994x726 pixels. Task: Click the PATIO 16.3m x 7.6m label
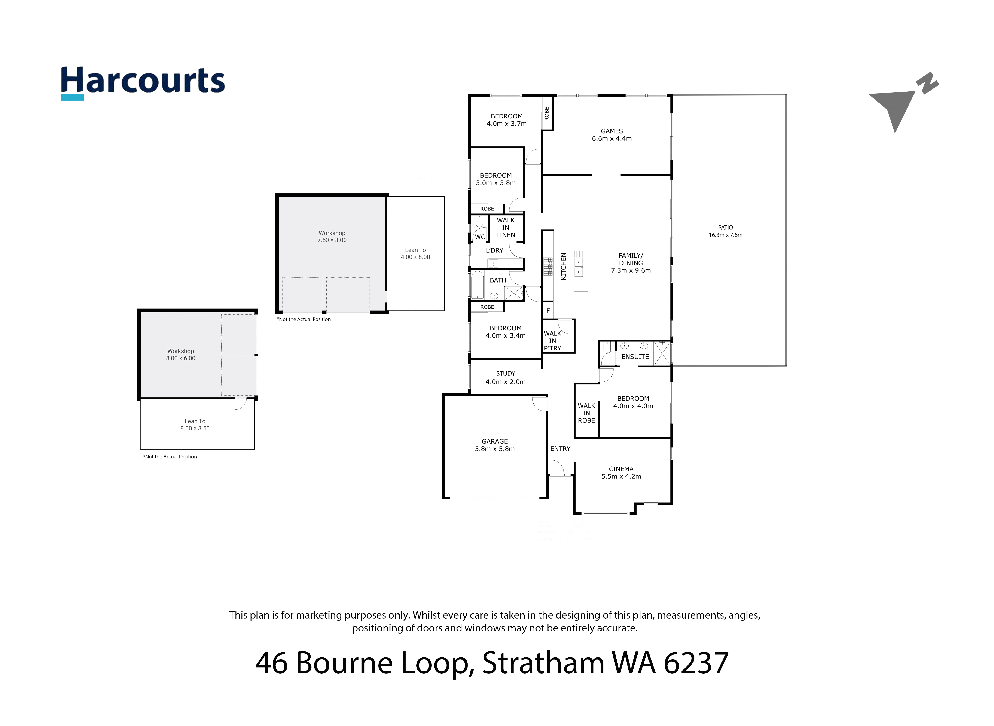pos(725,231)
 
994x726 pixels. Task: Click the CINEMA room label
pos(621,472)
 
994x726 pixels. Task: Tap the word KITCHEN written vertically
pos(563,266)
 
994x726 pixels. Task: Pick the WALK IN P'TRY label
pos(553,341)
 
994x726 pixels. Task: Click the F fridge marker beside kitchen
pos(548,311)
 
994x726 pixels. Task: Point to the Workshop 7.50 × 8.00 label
pos(332,236)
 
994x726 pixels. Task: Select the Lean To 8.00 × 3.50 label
pos(195,424)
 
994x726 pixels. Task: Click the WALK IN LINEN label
pos(506,228)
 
